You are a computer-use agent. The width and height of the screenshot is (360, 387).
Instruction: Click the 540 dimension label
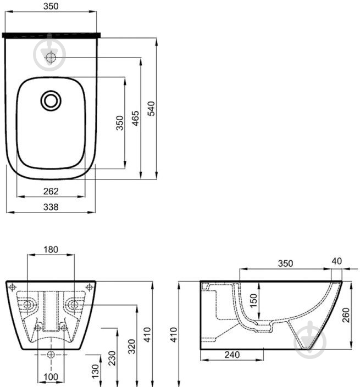pyautogui.click(x=151, y=108)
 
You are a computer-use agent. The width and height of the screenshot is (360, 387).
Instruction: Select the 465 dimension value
pyautogui.click(x=135, y=119)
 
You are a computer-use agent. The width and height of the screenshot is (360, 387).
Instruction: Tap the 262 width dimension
pyautogui.click(x=51, y=191)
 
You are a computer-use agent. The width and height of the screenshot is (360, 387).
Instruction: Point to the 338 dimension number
pyautogui.click(x=51, y=207)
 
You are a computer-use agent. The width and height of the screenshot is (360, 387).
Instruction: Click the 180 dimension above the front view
pyautogui.click(x=51, y=250)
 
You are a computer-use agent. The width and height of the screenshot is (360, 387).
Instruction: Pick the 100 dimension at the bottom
pyautogui.click(x=51, y=377)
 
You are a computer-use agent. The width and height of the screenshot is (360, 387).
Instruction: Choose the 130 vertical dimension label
pyautogui.click(x=95, y=371)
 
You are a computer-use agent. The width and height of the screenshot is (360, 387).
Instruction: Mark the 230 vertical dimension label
pyautogui.click(x=112, y=358)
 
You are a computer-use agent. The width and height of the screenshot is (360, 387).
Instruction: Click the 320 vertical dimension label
pyautogui.click(x=132, y=346)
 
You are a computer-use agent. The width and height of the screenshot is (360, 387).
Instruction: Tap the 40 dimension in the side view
pyautogui.click(x=337, y=261)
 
